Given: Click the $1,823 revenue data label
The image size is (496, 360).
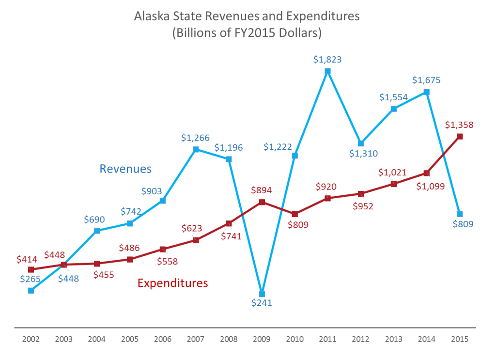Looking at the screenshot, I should (327, 60).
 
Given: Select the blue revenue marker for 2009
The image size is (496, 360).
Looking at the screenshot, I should (262, 294).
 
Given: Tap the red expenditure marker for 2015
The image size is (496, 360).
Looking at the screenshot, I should (460, 137).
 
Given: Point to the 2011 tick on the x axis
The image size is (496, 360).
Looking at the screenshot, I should (327, 339).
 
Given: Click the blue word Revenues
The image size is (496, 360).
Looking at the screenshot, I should (125, 169).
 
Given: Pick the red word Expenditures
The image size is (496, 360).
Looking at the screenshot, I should (172, 283).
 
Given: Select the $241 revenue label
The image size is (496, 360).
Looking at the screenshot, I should (262, 303).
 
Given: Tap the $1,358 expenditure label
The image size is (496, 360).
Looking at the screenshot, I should (459, 125).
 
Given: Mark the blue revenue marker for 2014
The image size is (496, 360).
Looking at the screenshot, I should (427, 92).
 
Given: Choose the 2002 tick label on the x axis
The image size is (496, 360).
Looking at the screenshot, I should (31, 339).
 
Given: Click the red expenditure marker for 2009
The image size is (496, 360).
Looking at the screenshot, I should (262, 202).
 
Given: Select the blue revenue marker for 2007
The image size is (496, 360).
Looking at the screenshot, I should (196, 149).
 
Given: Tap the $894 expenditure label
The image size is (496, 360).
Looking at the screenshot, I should (262, 190).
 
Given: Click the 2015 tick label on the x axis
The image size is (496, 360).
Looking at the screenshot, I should (460, 339).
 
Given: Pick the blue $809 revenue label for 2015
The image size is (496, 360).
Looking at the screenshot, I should (460, 224).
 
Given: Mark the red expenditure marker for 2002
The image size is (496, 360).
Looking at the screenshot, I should (31, 269).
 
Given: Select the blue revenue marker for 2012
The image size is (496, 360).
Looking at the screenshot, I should (361, 143).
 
